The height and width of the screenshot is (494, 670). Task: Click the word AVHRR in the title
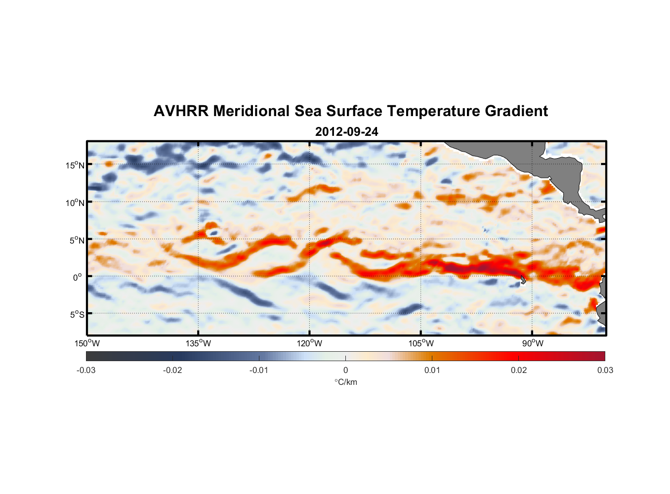click(181, 111)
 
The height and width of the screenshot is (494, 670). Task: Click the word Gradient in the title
click(516, 111)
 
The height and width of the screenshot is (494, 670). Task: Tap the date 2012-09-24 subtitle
click(346, 132)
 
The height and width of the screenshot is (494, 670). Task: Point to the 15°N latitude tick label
click(75, 165)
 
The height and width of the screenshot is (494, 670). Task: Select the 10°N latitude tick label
click(75, 203)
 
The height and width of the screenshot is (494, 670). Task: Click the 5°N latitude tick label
click(76, 240)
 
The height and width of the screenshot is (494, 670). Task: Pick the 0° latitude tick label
click(78, 277)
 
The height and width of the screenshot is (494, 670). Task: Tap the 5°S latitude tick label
click(76, 314)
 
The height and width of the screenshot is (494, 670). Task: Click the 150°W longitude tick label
click(87, 343)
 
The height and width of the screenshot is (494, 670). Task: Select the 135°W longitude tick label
click(199, 343)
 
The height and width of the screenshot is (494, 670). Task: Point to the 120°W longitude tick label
click(310, 343)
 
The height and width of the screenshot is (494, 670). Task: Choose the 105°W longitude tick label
click(421, 343)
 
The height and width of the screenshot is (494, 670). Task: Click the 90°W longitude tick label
click(533, 343)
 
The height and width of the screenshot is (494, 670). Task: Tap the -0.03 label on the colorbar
click(86, 370)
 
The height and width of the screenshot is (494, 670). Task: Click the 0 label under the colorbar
click(345, 370)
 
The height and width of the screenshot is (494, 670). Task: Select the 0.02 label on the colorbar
click(519, 370)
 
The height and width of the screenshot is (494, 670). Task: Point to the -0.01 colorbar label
click(259, 370)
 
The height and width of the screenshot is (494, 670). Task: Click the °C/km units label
click(346, 382)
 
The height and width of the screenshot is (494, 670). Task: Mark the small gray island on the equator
click(523, 280)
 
